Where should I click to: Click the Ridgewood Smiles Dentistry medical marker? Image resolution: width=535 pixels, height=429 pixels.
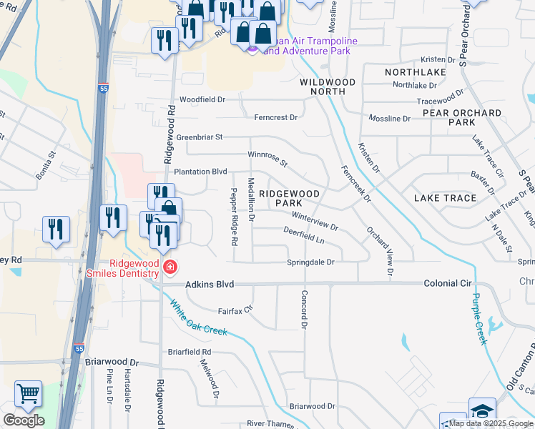(170, 268)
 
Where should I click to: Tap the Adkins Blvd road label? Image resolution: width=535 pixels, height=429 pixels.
(210, 285)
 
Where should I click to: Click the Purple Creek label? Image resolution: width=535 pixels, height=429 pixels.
(478, 319)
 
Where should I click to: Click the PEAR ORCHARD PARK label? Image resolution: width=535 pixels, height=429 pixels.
(462, 118)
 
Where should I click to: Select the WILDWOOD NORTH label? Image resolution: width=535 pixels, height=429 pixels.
(327, 87)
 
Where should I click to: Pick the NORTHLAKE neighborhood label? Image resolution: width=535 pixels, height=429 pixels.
(416, 72)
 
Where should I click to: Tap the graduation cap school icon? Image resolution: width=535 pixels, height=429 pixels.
(482, 410)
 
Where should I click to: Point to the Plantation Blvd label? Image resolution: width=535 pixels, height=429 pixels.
(200, 172)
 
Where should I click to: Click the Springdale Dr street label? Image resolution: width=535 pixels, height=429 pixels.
(310, 262)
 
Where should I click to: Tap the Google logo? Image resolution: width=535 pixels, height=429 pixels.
(23, 420)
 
